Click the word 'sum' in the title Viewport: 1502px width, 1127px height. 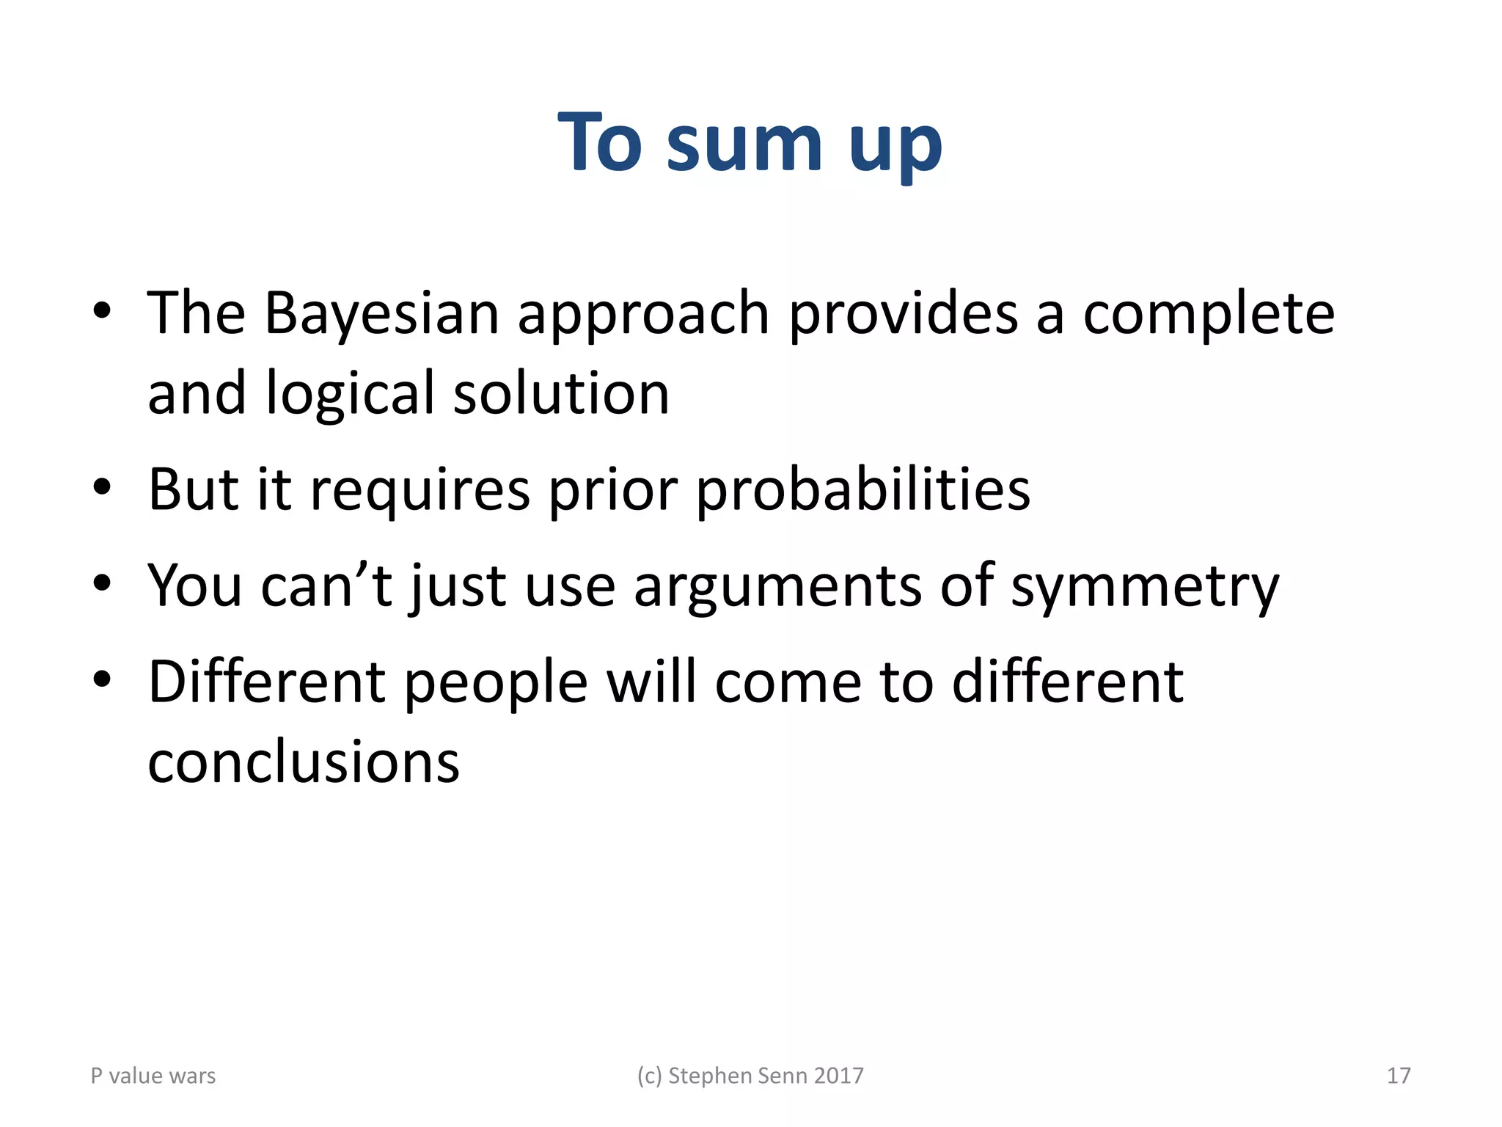point(744,144)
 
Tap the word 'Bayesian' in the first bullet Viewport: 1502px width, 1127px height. point(381,314)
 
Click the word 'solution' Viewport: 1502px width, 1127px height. point(561,393)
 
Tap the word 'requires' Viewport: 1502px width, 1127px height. point(420,490)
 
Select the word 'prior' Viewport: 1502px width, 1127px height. point(612,490)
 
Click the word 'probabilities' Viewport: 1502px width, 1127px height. point(862,490)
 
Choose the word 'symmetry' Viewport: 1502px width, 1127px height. point(1145,587)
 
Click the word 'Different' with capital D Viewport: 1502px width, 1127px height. point(266,682)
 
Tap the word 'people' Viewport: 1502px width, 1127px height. point(496,683)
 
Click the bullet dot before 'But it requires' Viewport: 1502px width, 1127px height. point(102,487)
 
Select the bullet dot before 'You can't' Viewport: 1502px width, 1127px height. point(102,584)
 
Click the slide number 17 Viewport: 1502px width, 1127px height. point(1399,1076)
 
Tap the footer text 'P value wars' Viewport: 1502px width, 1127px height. point(153,1076)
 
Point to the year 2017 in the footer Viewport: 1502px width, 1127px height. point(838,1076)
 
